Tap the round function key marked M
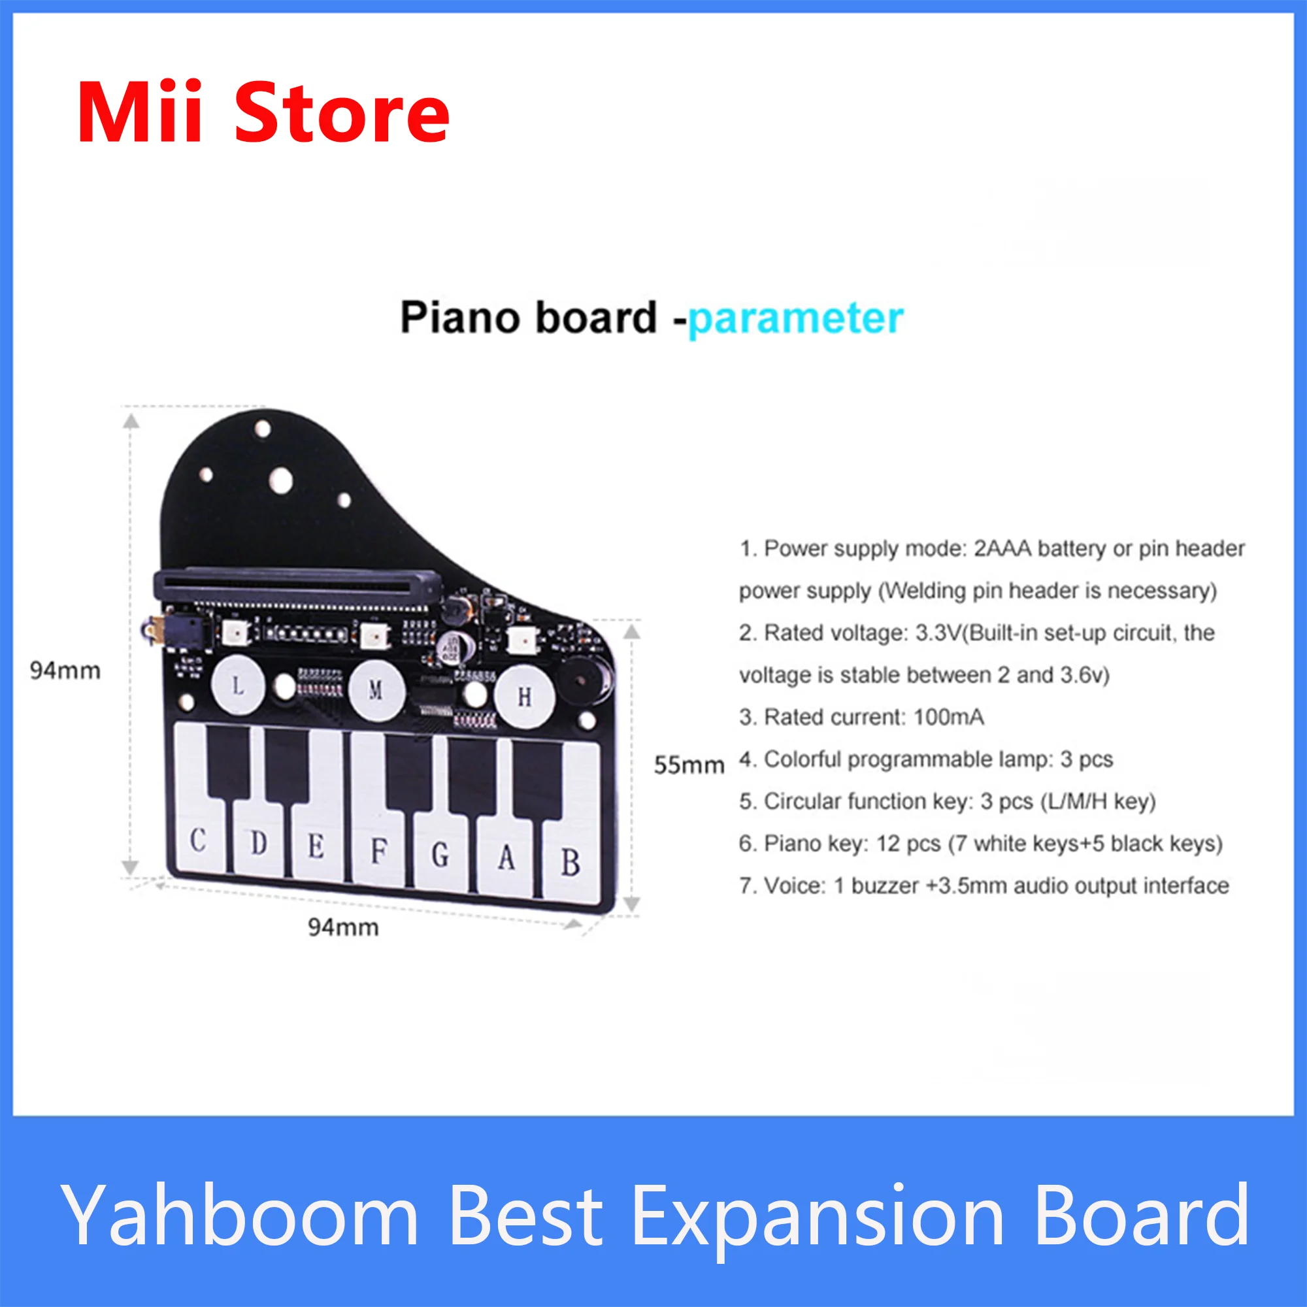(377, 690)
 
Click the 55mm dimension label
(689, 765)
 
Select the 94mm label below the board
(343, 927)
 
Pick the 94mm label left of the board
(65, 670)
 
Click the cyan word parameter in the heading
(795, 318)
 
